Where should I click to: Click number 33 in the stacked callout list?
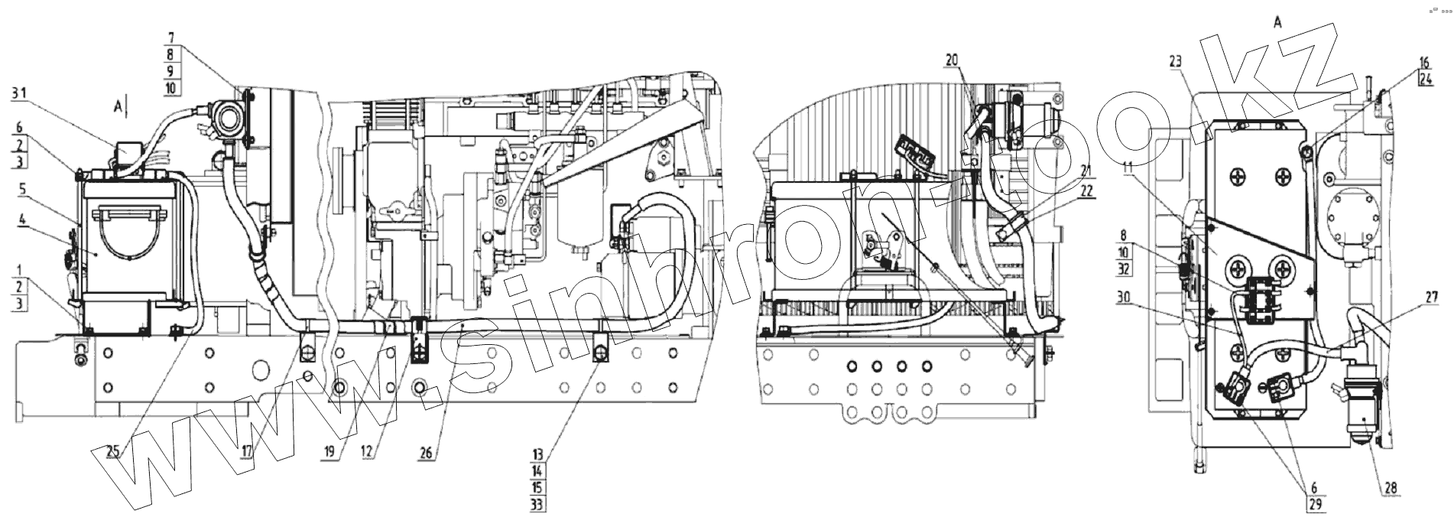click(538, 504)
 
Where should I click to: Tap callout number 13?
click(538, 454)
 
